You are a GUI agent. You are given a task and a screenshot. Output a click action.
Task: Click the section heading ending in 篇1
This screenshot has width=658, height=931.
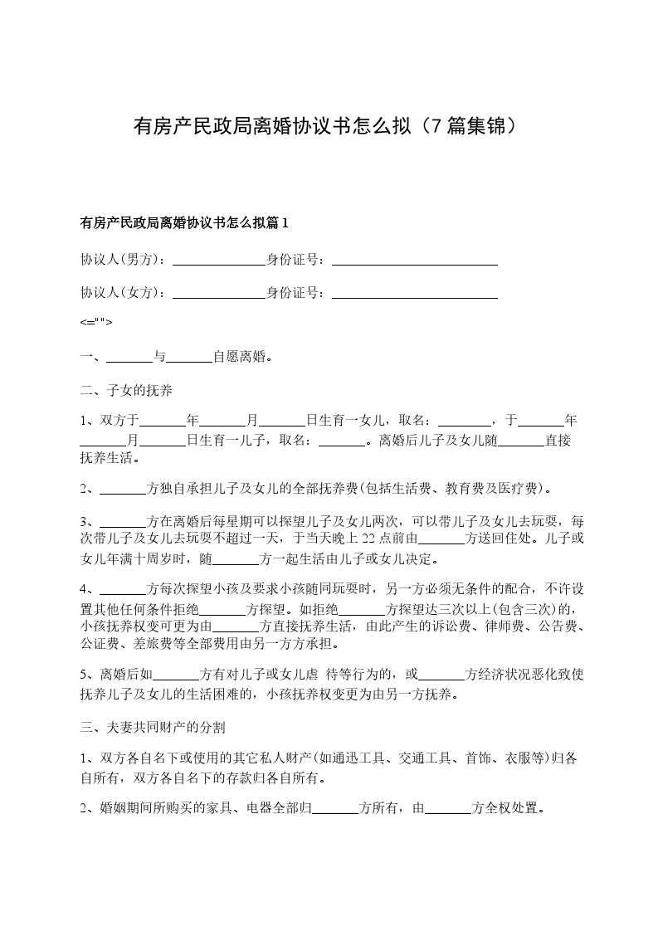point(183,222)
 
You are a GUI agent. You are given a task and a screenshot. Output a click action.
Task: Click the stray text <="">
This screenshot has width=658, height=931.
point(95,322)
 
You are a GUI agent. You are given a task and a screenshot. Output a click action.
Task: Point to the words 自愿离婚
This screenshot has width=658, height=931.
point(240,358)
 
